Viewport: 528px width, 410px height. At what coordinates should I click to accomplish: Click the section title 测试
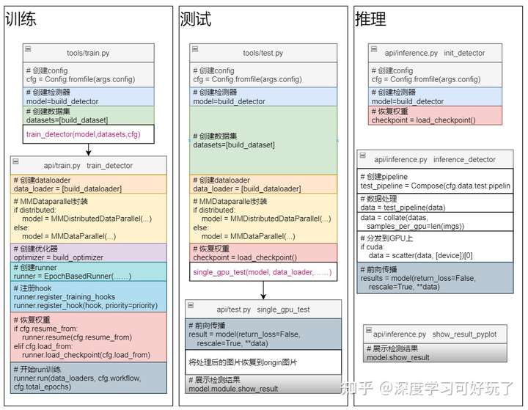tap(196, 19)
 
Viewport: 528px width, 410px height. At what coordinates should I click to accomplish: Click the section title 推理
tap(370, 19)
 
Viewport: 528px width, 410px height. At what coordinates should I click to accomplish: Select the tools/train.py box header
tap(88, 53)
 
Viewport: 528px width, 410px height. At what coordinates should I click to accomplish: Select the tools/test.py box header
tap(263, 53)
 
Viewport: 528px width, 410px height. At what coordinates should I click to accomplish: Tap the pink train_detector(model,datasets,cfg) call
tap(82, 134)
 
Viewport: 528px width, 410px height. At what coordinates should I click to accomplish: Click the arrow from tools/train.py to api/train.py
tap(88, 150)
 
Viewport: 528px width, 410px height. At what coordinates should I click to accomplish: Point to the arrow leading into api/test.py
tap(263, 292)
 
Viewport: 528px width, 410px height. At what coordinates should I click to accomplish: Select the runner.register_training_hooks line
tap(65, 297)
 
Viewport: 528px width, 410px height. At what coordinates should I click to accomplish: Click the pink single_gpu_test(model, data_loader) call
tap(262, 272)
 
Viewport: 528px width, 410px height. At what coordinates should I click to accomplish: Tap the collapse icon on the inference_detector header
tap(362, 158)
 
